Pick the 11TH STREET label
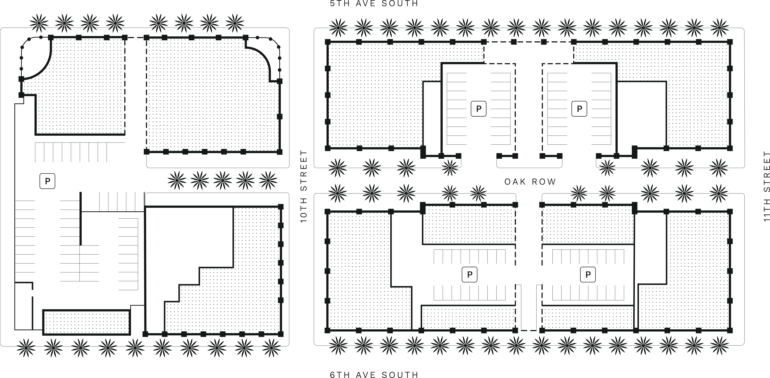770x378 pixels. coord(766,186)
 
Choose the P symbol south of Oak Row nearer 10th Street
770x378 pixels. coord(470,274)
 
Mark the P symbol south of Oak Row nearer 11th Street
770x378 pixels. coord(588,274)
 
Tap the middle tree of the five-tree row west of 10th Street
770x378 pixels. coord(222,180)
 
